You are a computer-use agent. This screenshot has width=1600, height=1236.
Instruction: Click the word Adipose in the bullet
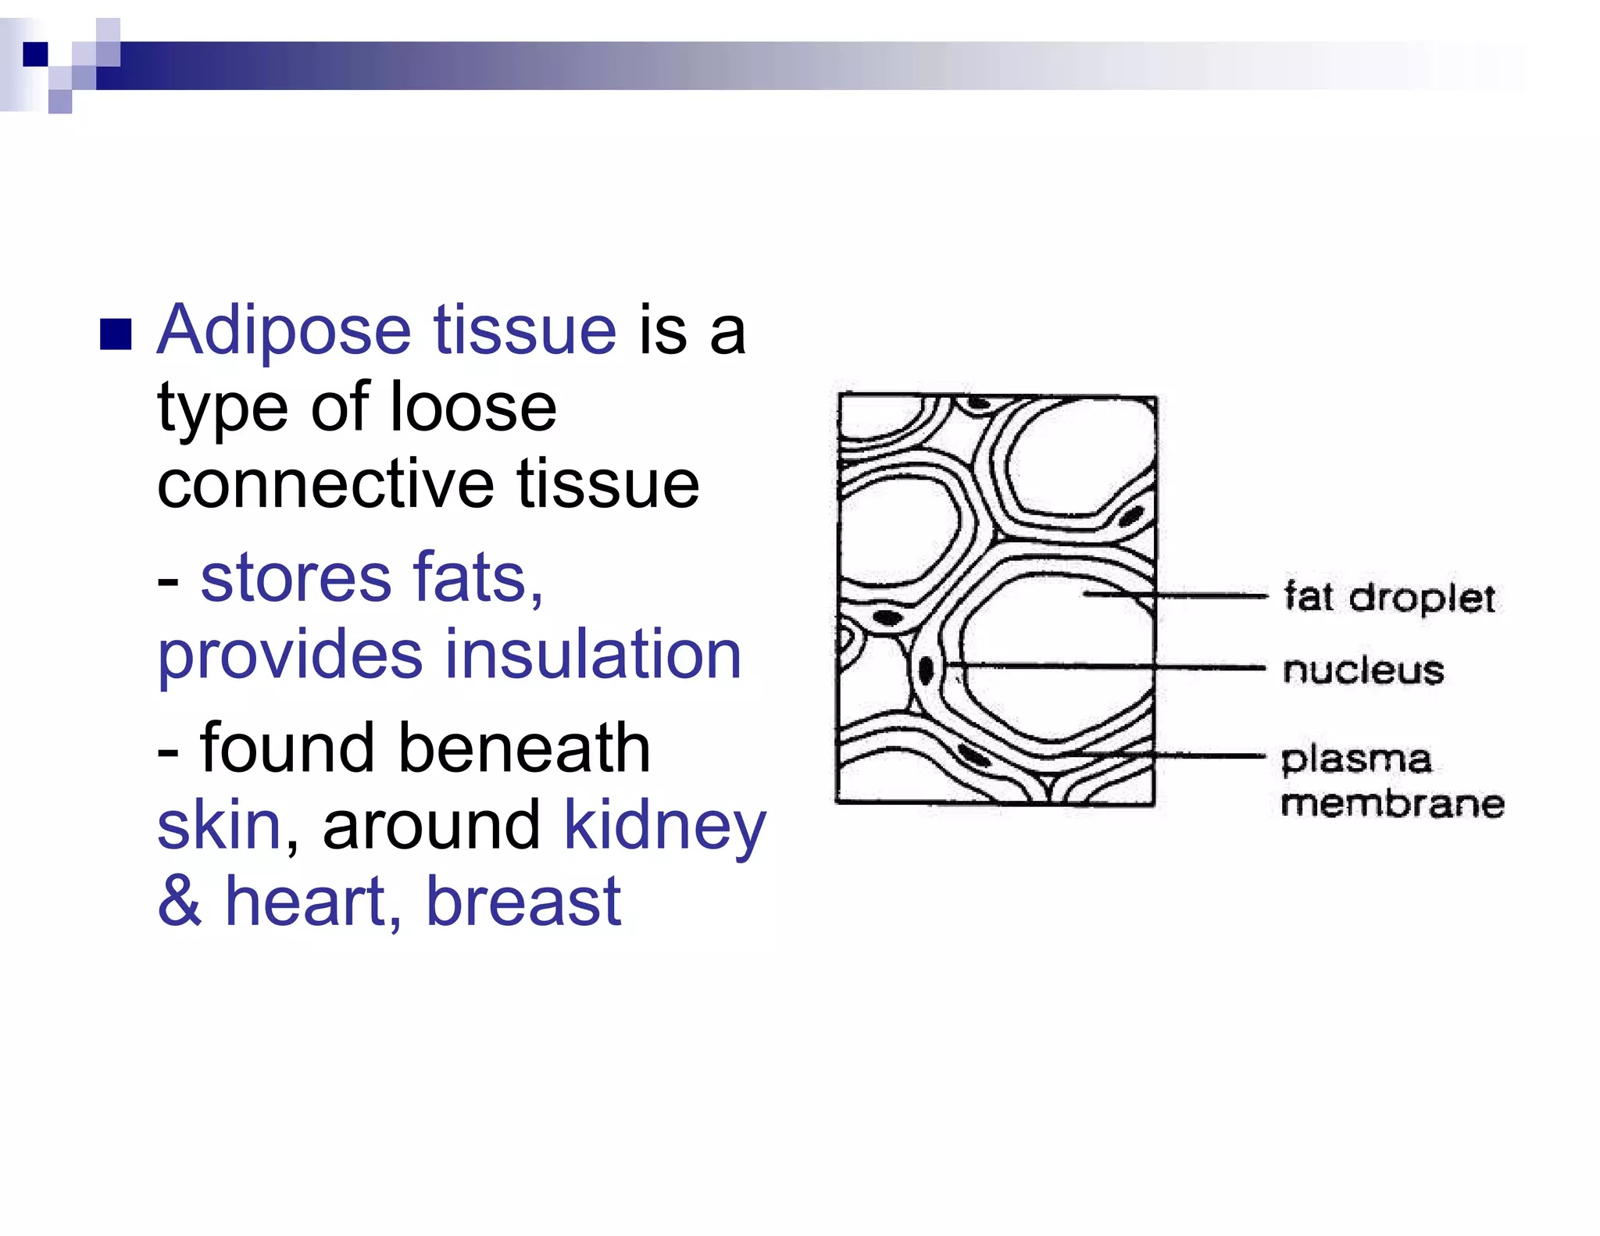click(284, 331)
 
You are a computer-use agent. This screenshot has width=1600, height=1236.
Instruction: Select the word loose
click(472, 408)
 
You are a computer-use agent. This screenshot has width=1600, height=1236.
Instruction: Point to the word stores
click(295, 578)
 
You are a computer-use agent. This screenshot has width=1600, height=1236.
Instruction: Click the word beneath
click(524, 748)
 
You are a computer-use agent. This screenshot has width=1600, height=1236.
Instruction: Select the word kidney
click(665, 827)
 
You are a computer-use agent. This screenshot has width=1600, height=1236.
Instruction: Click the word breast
click(523, 902)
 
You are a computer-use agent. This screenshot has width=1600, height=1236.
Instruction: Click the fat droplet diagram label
click(1390, 598)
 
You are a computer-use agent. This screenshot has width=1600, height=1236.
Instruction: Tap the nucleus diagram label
click(1363, 670)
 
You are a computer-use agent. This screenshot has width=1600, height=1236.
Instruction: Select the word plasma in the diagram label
click(1356, 759)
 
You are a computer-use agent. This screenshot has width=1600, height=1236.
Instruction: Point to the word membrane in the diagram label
click(1393, 804)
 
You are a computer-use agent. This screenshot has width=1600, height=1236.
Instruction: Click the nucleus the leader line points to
click(926, 670)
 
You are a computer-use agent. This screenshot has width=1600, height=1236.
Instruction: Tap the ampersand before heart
click(180, 902)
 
